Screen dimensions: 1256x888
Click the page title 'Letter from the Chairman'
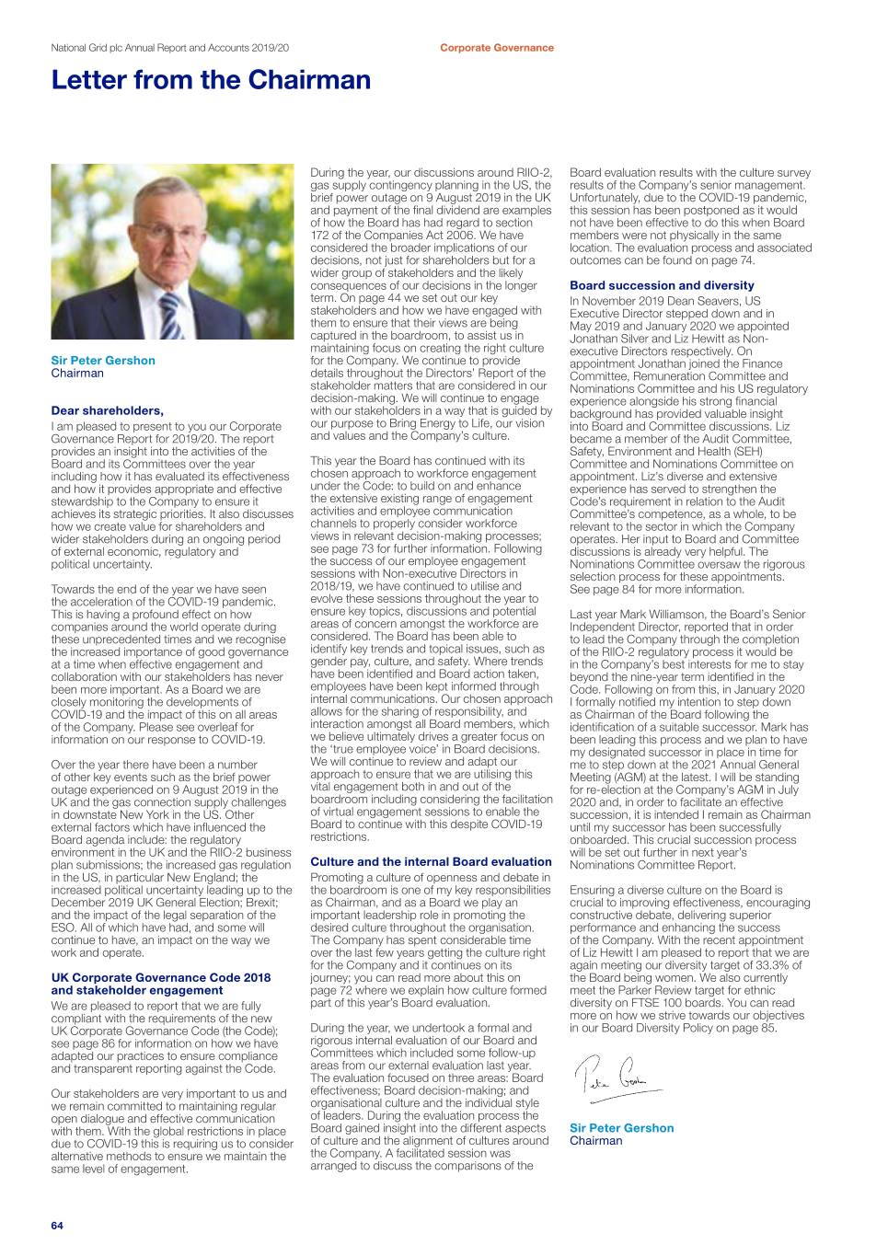(x=211, y=81)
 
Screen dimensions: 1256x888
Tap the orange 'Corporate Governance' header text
(x=496, y=48)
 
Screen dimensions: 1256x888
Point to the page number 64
(x=57, y=1225)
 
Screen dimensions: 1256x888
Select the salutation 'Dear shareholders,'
(x=107, y=411)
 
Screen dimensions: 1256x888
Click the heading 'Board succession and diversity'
(x=649, y=285)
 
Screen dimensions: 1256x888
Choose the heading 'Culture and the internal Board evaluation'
(x=431, y=862)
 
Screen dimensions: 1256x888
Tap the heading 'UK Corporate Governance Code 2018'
(x=161, y=977)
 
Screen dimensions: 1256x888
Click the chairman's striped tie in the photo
(x=171, y=313)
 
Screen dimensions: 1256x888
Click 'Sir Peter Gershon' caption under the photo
(x=103, y=361)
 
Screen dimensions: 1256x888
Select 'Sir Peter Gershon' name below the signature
(x=621, y=1128)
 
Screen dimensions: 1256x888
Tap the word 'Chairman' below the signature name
(x=595, y=1141)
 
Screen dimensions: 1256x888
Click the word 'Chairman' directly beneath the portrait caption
(x=77, y=374)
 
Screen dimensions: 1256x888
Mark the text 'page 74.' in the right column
(x=733, y=260)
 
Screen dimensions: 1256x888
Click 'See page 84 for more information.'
(x=656, y=590)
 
